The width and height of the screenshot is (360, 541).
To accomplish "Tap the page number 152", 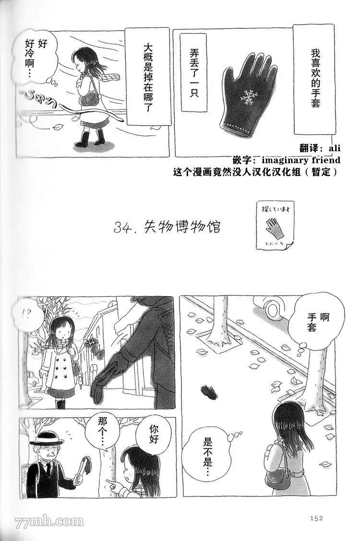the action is (x=316, y=517).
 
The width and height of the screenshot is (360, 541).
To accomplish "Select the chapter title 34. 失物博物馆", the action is (x=167, y=227).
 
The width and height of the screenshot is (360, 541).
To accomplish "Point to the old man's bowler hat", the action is (x=47, y=438).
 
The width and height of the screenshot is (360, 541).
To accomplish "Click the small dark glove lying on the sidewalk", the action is (x=209, y=392).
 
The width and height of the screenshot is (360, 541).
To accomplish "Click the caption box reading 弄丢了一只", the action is (x=194, y=73).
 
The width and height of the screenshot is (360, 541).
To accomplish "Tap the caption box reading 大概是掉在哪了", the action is (x=148, y=77).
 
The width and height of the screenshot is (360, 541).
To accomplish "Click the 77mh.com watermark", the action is (x=49, y=521).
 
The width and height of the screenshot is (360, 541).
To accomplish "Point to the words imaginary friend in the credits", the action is (x=301, y=160).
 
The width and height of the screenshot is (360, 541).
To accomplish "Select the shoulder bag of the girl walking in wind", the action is (x=89, y=99).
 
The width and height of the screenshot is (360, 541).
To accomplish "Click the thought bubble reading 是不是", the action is (x=207, y=452).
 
